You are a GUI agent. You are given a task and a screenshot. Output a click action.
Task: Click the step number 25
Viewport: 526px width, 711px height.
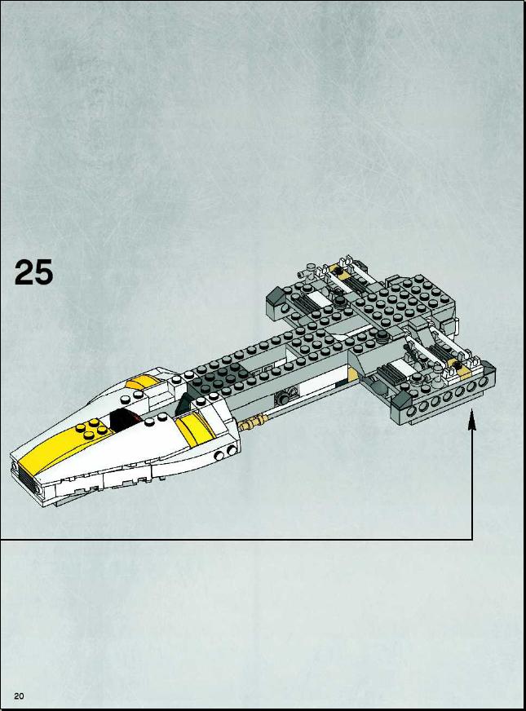click(33, 272)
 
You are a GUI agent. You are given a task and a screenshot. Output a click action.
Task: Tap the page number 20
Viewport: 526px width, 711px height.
click(19, 696)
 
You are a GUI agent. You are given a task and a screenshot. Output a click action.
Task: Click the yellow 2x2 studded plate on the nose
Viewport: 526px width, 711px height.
click(92, 429)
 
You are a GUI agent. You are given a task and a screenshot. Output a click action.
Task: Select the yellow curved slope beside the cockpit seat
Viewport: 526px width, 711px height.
click(196, 430)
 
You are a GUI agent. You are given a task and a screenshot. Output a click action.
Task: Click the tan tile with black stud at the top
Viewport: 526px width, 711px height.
click(338, 270)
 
